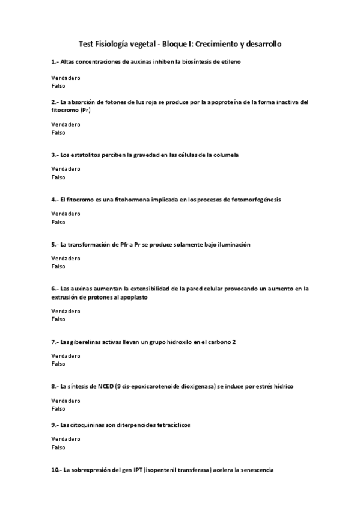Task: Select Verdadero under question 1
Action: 66,78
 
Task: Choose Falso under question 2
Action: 58,132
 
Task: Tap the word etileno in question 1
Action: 231,62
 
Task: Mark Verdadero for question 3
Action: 66,169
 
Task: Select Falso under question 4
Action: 58,222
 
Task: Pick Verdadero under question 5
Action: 66,259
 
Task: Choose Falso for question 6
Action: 58,319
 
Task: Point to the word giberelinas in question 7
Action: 90,342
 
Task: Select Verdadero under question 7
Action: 66,356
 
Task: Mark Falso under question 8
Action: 58,408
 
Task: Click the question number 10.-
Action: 56,470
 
